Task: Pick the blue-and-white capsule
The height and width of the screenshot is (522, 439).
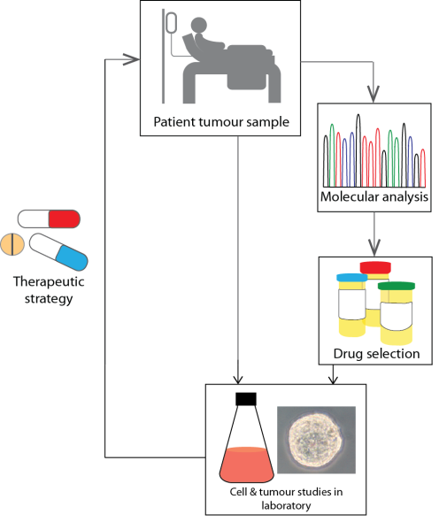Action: [x=58, y=251]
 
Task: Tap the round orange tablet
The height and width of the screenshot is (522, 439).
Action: [x=12, y=244]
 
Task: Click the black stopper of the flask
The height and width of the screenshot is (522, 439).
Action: [x=245, y=399]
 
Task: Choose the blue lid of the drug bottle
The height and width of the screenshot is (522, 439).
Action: [x=351, y=278]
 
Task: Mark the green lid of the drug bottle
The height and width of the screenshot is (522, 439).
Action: [x=396, y=286]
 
